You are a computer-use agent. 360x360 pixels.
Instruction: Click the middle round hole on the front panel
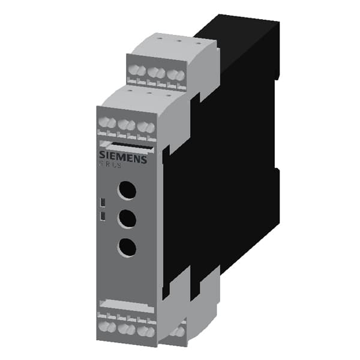(x=126, y=218)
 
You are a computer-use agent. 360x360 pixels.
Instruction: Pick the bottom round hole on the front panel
(x=126, y=246)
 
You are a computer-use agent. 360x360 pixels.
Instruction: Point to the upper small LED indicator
(x=103, y=202)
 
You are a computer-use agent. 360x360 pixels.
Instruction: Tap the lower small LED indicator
(x=103, y=214)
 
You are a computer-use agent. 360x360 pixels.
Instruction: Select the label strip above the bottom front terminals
(x=125, y=304)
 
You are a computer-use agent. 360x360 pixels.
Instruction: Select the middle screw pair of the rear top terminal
(x=156, y=73)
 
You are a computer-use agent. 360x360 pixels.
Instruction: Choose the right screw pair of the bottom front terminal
(x=144, y=329)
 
